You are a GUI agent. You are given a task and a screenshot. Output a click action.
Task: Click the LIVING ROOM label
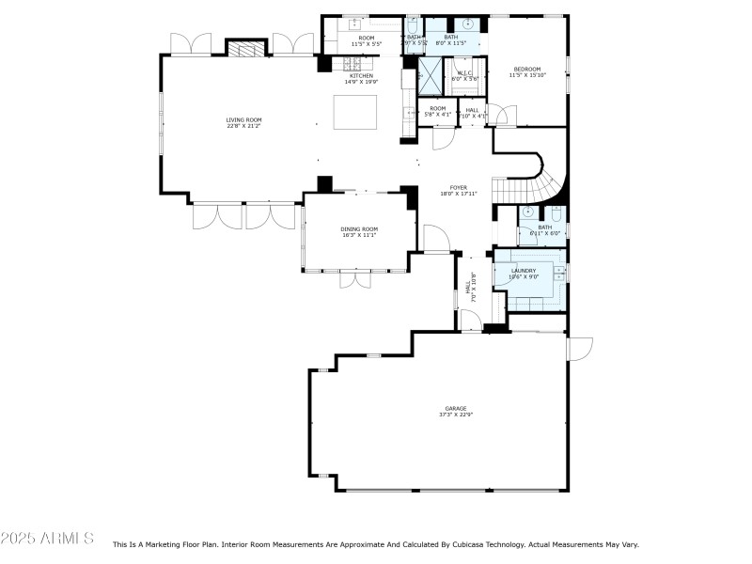coord(243,119)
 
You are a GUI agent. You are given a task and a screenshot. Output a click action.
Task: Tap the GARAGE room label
coord(455,408)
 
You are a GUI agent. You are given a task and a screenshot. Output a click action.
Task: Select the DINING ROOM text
coord(358,229)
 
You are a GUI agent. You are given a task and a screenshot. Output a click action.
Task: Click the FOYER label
coord(459,187)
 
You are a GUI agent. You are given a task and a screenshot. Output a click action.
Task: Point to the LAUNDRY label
coord(524,271)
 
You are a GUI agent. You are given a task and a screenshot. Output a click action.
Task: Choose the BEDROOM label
coord(526,69)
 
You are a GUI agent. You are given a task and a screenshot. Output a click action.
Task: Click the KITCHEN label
coord(361,75)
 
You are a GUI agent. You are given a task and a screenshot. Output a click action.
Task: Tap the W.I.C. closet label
coord(463,72)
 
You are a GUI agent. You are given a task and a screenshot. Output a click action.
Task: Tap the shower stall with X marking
coord(430,75)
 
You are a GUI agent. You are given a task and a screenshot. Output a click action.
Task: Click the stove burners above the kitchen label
coord(353,63)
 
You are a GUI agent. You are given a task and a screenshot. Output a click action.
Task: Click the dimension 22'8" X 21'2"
coord(243,126)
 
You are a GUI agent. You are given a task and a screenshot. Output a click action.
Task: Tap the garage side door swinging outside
coord(581,349)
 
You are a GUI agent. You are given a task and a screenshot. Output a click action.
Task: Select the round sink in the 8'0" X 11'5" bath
coord(466,23)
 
